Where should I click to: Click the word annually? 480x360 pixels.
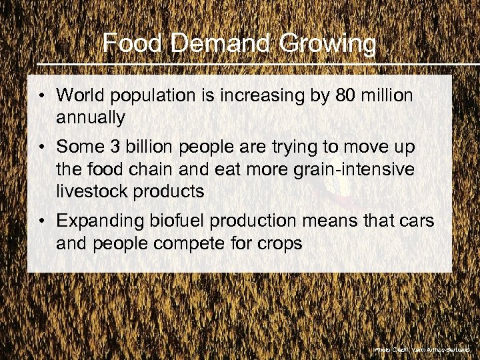pyautogui.click(x=91, y=118)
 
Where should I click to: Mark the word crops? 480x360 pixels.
pyautogui.click(x=279, y=243)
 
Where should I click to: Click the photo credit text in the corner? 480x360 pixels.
pyautogui.click(x=422, y=349)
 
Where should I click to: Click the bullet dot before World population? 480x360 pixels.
pyautogui.click(x=42, y=96)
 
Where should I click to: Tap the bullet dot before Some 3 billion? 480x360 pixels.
pyautogui.click(x=42, y=146)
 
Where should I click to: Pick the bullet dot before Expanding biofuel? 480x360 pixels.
pyautogui.click(x=42, y=219)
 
